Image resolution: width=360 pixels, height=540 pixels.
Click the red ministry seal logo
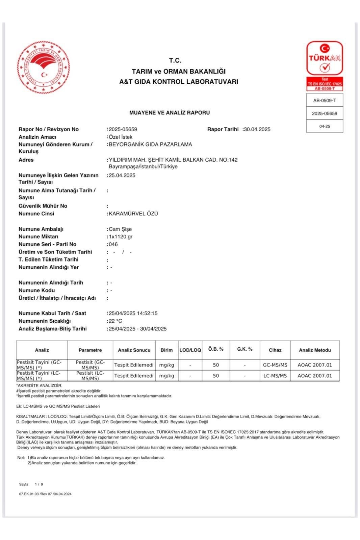(x=43, y=67)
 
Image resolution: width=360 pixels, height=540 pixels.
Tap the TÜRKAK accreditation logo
(x=325, y=58)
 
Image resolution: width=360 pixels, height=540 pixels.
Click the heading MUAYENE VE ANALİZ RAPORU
(x=170, y=113)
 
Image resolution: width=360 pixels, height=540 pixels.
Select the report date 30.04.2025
(x=257, y=129)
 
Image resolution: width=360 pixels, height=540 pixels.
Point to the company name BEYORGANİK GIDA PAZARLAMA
(x=150, y=144)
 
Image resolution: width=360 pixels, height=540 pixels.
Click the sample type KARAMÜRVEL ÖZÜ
(x=133, y=214)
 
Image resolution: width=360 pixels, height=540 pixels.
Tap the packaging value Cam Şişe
(x=120, y=229)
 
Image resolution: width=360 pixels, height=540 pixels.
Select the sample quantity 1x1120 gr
(x=121, y=237)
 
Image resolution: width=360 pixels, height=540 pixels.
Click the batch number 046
(x=113, y=244)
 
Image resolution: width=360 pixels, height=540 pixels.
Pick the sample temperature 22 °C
(x=115, y=321)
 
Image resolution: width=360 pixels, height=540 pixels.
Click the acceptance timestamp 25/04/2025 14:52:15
(x=133, y=313)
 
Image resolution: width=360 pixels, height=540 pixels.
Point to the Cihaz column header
(x=275, y=350)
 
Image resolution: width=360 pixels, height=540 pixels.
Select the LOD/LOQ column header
(x=190, y=350)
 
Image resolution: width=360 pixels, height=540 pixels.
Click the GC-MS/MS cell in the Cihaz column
(x=275, y=365)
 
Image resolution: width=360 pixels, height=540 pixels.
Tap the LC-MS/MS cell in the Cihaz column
(x=275, y=376)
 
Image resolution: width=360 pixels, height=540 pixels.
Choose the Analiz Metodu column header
(x=315, y=350)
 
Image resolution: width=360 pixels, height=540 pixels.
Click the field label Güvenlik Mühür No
(x=43, y=206)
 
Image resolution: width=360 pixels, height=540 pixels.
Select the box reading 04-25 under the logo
(x=325, y=126)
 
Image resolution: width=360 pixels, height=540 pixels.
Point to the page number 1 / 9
(x=39, y=484)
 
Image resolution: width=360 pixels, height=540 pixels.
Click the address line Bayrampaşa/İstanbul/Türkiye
(x=143, y=167)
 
